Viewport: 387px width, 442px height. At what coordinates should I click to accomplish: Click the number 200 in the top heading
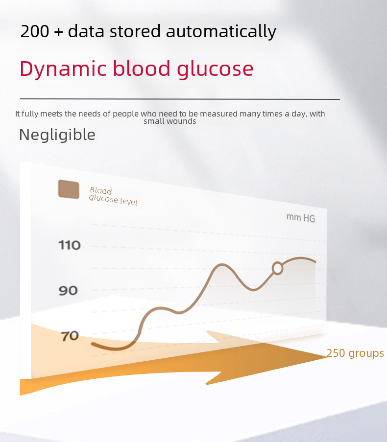pos(35,31)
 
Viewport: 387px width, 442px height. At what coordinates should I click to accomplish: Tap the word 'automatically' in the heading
pos(221,31)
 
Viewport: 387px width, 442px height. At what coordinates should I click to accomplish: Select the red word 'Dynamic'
pos(63,69)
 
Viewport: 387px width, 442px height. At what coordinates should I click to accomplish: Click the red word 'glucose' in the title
pos(215,69)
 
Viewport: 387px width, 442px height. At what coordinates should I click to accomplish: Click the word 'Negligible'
pos(57,135)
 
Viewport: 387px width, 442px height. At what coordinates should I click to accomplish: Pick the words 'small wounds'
pos(170,121)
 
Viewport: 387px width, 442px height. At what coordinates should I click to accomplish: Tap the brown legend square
pos(69,189)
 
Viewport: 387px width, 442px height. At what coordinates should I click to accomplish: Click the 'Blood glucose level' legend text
pos(113,196)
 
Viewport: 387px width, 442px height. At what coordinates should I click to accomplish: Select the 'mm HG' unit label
pos(301,218)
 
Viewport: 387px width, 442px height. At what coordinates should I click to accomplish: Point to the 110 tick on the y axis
pos(70,245)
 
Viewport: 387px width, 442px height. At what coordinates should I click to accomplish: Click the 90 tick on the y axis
pos(68,291)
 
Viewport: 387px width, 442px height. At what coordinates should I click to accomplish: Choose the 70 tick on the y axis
pos(70,336)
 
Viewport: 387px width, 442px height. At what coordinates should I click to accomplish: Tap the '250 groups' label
pos(355,353)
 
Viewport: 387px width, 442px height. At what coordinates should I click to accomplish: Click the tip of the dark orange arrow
pos(327,357)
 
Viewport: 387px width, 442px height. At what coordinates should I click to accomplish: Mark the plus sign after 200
pos(58,31)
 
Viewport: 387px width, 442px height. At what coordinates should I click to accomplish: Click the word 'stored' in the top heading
pos(135,31)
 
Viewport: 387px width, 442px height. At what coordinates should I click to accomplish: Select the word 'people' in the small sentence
pos(126,114)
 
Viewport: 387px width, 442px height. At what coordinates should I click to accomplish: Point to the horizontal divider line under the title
pos(180,99)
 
